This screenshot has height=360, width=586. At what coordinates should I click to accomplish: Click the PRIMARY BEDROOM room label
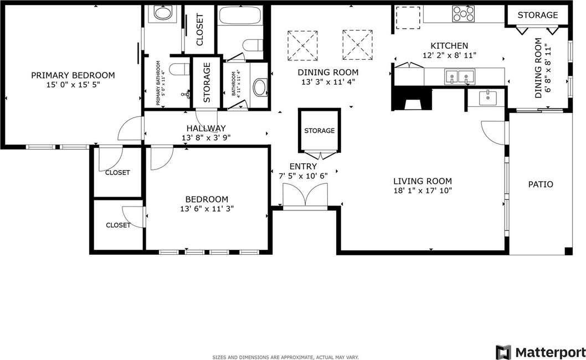click(x=73, y=75)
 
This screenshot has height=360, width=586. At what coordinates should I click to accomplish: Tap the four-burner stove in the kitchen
click(x=462, y=13)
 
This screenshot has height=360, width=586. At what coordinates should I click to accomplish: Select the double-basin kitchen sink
click(x=459, y=76)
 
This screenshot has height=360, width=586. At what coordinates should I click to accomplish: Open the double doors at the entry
click(x=305, y=196)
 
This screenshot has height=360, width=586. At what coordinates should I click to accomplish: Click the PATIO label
click(x=540, y=184)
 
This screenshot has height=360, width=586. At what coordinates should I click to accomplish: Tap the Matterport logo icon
click(x=502, y=352)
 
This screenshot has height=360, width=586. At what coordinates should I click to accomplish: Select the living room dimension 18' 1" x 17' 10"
click(x=422, y=191)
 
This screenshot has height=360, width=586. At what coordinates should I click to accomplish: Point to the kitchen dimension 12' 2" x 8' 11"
click(x=449, y=55)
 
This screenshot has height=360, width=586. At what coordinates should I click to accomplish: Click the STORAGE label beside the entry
click(x=319, y=131)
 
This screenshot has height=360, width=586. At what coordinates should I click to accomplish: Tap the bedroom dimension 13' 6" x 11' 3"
click(x=207, y=209)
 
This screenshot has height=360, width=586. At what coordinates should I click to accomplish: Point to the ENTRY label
click(x=303, y=166)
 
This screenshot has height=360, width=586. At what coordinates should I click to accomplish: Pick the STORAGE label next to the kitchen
click(x=537, y=15)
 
